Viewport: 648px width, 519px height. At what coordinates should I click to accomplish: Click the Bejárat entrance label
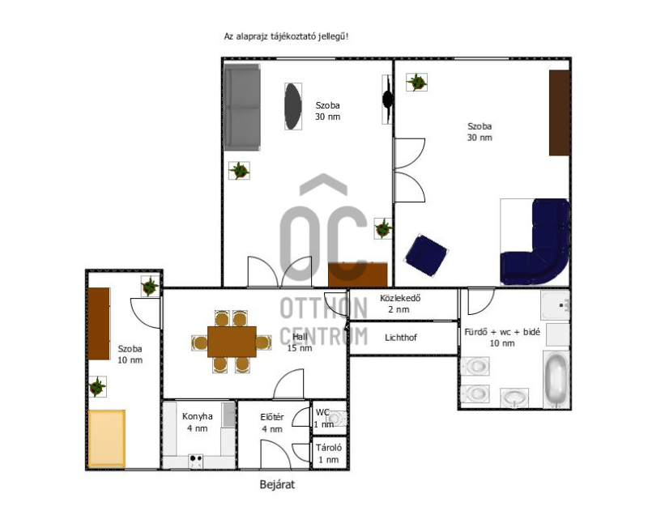[x=277, y=484]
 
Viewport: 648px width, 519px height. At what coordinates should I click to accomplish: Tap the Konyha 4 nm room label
[x=198, y=423]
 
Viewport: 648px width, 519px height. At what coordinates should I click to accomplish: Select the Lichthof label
[x=400, y=338]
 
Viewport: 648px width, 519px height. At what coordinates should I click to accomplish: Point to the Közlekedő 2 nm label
[x=399, y=304]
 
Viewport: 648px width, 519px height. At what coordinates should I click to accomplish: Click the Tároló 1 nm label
[x=329, y=453]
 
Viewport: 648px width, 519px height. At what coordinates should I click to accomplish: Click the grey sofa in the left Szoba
[x=242, y=108]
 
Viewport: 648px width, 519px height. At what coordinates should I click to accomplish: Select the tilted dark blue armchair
[x=427, y=255]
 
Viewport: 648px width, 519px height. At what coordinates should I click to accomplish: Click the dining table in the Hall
[x=232, y=342]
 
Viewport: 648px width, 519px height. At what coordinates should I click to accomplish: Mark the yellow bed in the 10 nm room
[x=107, y=438]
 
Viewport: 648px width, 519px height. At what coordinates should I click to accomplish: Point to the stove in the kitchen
[x=196, y=462]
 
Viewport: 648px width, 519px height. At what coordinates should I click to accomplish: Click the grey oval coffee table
[x=293, y=107]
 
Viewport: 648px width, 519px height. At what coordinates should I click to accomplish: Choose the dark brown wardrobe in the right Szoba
[x=560, y=113]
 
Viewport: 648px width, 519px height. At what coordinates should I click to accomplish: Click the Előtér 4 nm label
[x=272, y=423]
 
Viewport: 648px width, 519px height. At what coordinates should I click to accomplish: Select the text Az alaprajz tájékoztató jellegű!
[x=287, y=36]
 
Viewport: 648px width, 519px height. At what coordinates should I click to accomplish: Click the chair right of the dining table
[x=263, y=342]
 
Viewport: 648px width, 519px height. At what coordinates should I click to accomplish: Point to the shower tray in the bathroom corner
[x=556, y=305]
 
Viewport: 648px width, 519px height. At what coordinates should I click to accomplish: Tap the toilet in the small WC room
[x=337, y=418]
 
